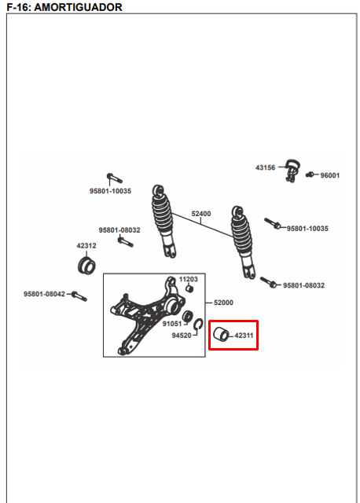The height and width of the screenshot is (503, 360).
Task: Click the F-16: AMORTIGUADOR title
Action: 64,7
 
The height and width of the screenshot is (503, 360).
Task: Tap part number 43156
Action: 266,167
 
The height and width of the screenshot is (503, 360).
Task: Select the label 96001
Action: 330,175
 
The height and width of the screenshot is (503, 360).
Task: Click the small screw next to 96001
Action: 310,174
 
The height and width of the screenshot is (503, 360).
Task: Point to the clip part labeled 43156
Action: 292,170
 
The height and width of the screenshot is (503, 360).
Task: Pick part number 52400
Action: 201,214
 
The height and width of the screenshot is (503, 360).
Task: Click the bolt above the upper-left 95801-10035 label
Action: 114,178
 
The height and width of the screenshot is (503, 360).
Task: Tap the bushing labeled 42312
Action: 86,266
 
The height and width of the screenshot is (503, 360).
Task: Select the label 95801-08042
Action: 44,294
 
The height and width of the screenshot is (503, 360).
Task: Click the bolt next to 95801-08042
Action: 79,296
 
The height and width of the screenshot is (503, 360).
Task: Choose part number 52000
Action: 223,303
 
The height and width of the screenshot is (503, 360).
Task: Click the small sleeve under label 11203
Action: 189,288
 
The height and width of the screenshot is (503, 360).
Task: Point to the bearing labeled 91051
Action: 187,316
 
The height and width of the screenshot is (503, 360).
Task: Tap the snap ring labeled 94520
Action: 198,325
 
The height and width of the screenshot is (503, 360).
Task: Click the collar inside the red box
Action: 221,335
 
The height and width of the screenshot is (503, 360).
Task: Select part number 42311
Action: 244,336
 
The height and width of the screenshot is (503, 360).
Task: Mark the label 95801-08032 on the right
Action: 303,285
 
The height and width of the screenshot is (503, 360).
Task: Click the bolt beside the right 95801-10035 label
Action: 272,223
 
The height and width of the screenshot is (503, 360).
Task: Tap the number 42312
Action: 86,246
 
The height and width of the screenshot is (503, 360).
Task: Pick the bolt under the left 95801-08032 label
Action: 126,241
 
